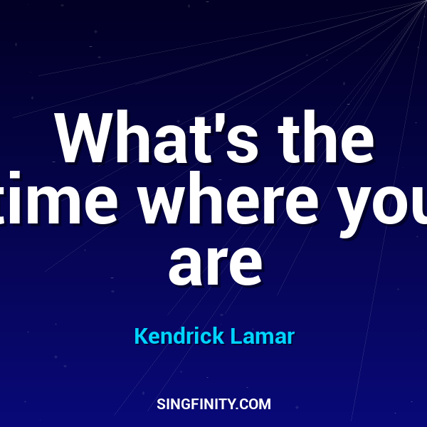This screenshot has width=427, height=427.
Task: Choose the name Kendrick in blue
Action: click(x=179, y=336)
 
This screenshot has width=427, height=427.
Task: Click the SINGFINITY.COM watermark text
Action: click(x=213, y=404)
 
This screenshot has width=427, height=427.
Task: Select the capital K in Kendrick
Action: click(x=140, y=336)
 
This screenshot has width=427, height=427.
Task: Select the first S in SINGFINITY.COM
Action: click(x=160, y=404)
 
